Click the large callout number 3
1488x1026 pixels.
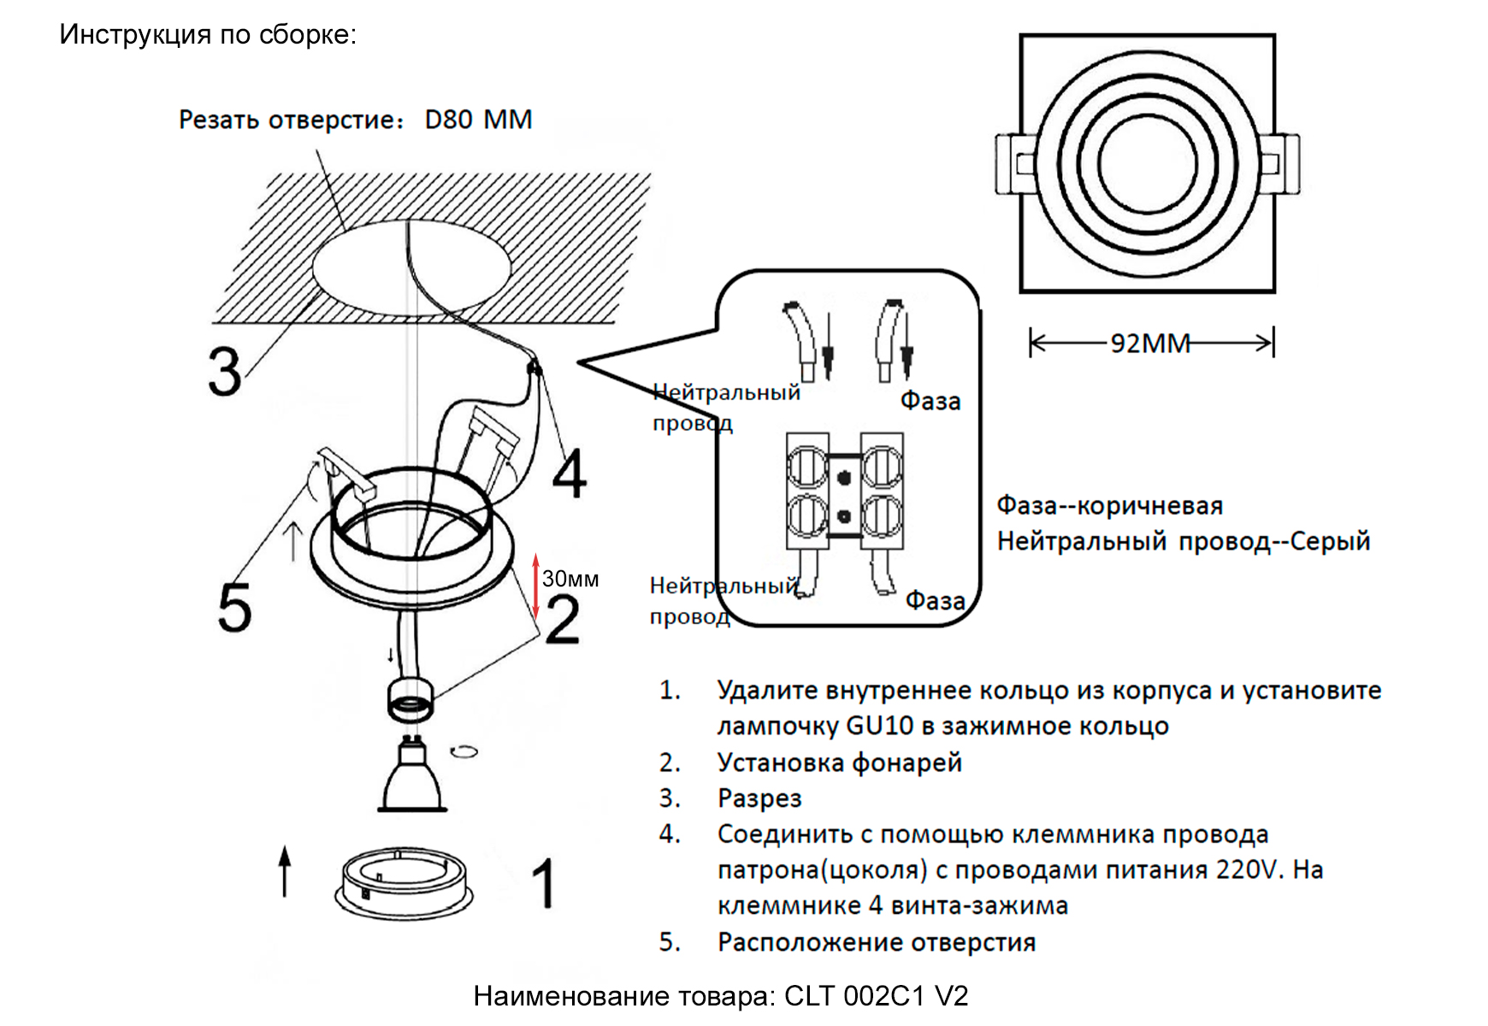click(225, 373)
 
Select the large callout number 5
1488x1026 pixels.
click(234, 608)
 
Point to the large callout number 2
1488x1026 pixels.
click(562, 620)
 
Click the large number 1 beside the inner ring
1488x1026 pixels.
click(544, 883)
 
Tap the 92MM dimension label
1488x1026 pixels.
click(1150, 344)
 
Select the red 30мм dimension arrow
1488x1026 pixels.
click(536, 586)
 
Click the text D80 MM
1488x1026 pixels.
click(478, 120)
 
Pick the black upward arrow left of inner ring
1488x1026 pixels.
click(285, 870)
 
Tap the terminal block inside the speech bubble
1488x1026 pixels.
click(844, 490)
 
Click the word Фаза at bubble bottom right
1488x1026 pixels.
click(935, 601)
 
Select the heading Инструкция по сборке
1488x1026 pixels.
click(208, 34)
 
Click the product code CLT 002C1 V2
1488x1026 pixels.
click(876, 996)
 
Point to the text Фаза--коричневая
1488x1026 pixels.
click(1109, 505)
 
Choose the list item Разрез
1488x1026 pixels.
click(759, 798)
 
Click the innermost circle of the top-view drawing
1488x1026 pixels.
click(1147, 163)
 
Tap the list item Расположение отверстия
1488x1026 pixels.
click(876, 942)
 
